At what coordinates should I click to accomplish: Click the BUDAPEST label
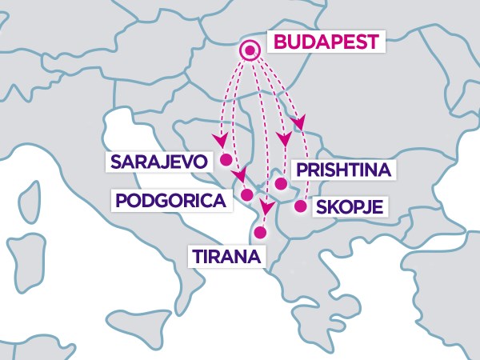(x=324, y=42)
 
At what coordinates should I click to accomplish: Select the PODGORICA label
(x=170, y=199)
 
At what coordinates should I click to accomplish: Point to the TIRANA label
(x=226, y=257)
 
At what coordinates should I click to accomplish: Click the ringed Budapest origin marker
(x=250, y=51)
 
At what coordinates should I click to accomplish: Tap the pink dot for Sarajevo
(x=226, y=158)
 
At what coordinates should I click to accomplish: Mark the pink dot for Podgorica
(x=247, y=194)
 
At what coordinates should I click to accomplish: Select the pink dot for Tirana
(x=258, y=233)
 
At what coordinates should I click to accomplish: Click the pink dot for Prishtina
(x=281, y=183)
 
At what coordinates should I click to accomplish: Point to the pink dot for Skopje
(x=300, y=206)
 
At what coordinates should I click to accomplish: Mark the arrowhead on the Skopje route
(x=299, y=122)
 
